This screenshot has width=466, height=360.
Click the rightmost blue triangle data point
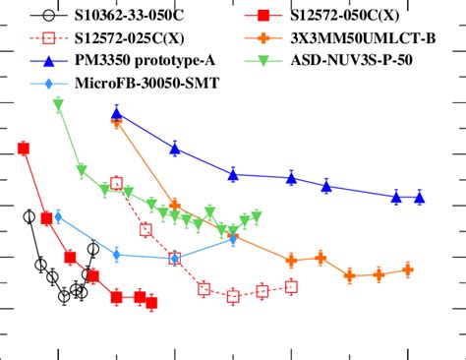[420, 198]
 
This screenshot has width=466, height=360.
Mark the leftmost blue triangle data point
[117, 114]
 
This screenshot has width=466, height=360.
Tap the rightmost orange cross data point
[407, 270]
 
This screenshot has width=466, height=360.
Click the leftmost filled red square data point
[23, 149]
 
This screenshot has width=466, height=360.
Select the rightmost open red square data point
[291, 287]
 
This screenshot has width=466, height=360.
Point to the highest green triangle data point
[58, 103]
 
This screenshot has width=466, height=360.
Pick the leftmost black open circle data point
[29, 217]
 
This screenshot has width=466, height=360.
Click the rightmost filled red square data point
[151, 303]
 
